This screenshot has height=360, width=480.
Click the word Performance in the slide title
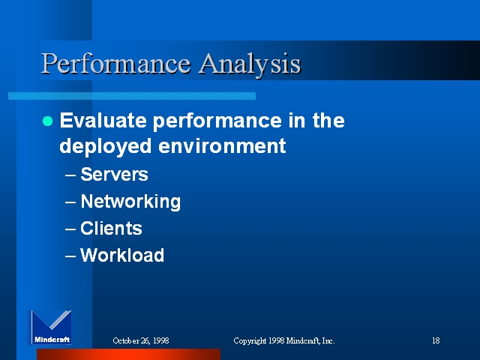115,64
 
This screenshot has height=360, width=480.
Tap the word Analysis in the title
250,64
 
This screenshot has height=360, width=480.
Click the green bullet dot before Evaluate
47,121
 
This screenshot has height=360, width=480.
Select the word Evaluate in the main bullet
103,120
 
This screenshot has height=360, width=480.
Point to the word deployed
105,146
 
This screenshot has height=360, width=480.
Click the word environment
222,145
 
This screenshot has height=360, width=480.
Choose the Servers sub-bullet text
114,174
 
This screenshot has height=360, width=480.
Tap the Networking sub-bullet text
130,202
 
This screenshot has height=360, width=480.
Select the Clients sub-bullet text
111,228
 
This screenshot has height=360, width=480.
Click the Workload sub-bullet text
122,255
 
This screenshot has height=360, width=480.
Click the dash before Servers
70,175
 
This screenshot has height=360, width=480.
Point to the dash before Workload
70,256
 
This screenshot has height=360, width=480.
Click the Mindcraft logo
50,327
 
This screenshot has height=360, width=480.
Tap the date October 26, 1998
141,340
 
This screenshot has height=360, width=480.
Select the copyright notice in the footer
284,340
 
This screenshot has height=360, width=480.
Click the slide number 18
436,340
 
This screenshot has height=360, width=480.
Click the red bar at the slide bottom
128,354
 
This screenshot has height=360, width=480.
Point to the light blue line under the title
132,96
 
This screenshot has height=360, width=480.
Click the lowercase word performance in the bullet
217,121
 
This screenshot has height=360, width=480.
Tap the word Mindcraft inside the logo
52,339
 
